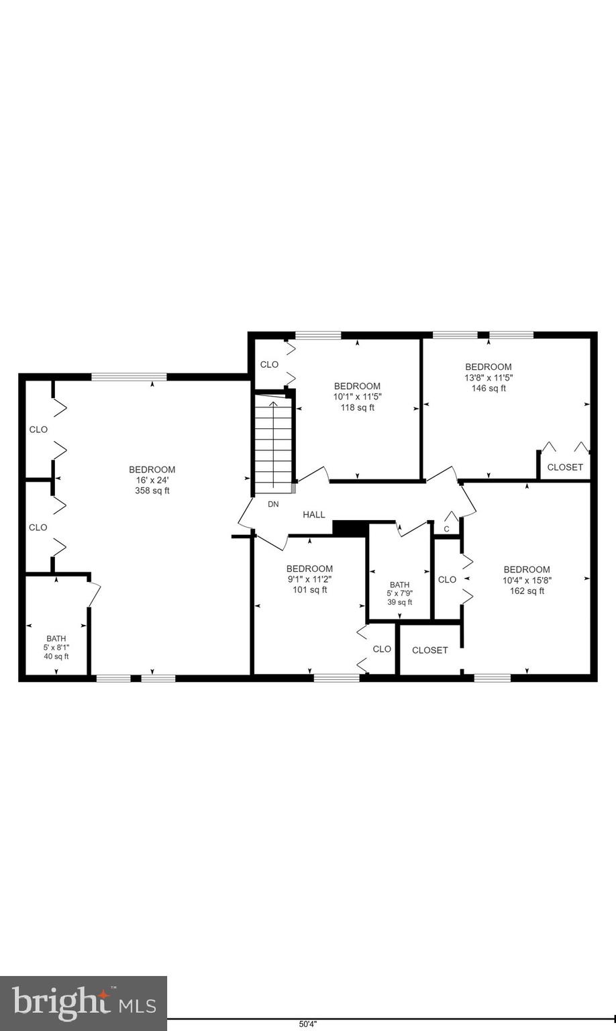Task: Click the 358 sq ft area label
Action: (152, 491)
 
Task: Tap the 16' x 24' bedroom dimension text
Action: (152, 480)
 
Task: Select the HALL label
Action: (313, 515)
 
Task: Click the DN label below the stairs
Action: (273, 504)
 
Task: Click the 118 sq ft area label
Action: (357, 407)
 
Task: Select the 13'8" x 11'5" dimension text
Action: (489, 377)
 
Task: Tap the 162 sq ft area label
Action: (527, 591)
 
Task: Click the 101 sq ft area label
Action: (309, 590)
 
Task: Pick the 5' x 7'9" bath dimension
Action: (399, 593)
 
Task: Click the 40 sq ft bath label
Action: (56, 656)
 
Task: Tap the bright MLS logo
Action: (83, 1003)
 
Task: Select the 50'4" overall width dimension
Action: (307, 1024)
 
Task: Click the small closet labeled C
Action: (446, 529)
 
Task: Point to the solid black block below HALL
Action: (350, 528)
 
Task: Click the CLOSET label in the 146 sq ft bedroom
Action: (565, 467)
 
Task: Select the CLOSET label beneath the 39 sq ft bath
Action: (429, 650)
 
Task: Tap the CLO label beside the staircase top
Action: (269, 364)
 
